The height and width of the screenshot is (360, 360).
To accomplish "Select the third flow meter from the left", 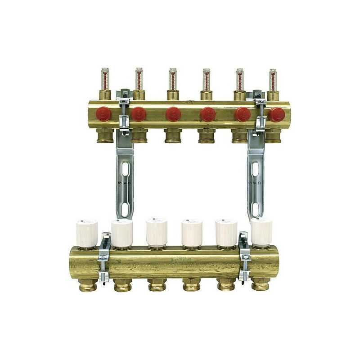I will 173,79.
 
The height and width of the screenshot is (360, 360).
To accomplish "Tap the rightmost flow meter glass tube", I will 273,80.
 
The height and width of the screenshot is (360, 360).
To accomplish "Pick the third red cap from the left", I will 173,114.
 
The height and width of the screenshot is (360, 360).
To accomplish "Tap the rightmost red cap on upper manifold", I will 276,115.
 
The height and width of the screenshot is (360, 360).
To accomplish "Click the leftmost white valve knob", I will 86,232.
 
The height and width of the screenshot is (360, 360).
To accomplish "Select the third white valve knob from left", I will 157,232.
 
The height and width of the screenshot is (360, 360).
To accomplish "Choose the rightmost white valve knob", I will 261,232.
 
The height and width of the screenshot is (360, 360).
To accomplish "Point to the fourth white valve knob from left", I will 191,232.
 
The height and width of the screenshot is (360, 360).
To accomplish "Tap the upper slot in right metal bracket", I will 255,169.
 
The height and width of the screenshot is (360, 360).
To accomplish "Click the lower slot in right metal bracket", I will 255,209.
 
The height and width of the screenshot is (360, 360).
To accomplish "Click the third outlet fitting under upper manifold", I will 173,135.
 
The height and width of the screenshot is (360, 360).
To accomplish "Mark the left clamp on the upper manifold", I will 124,112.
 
